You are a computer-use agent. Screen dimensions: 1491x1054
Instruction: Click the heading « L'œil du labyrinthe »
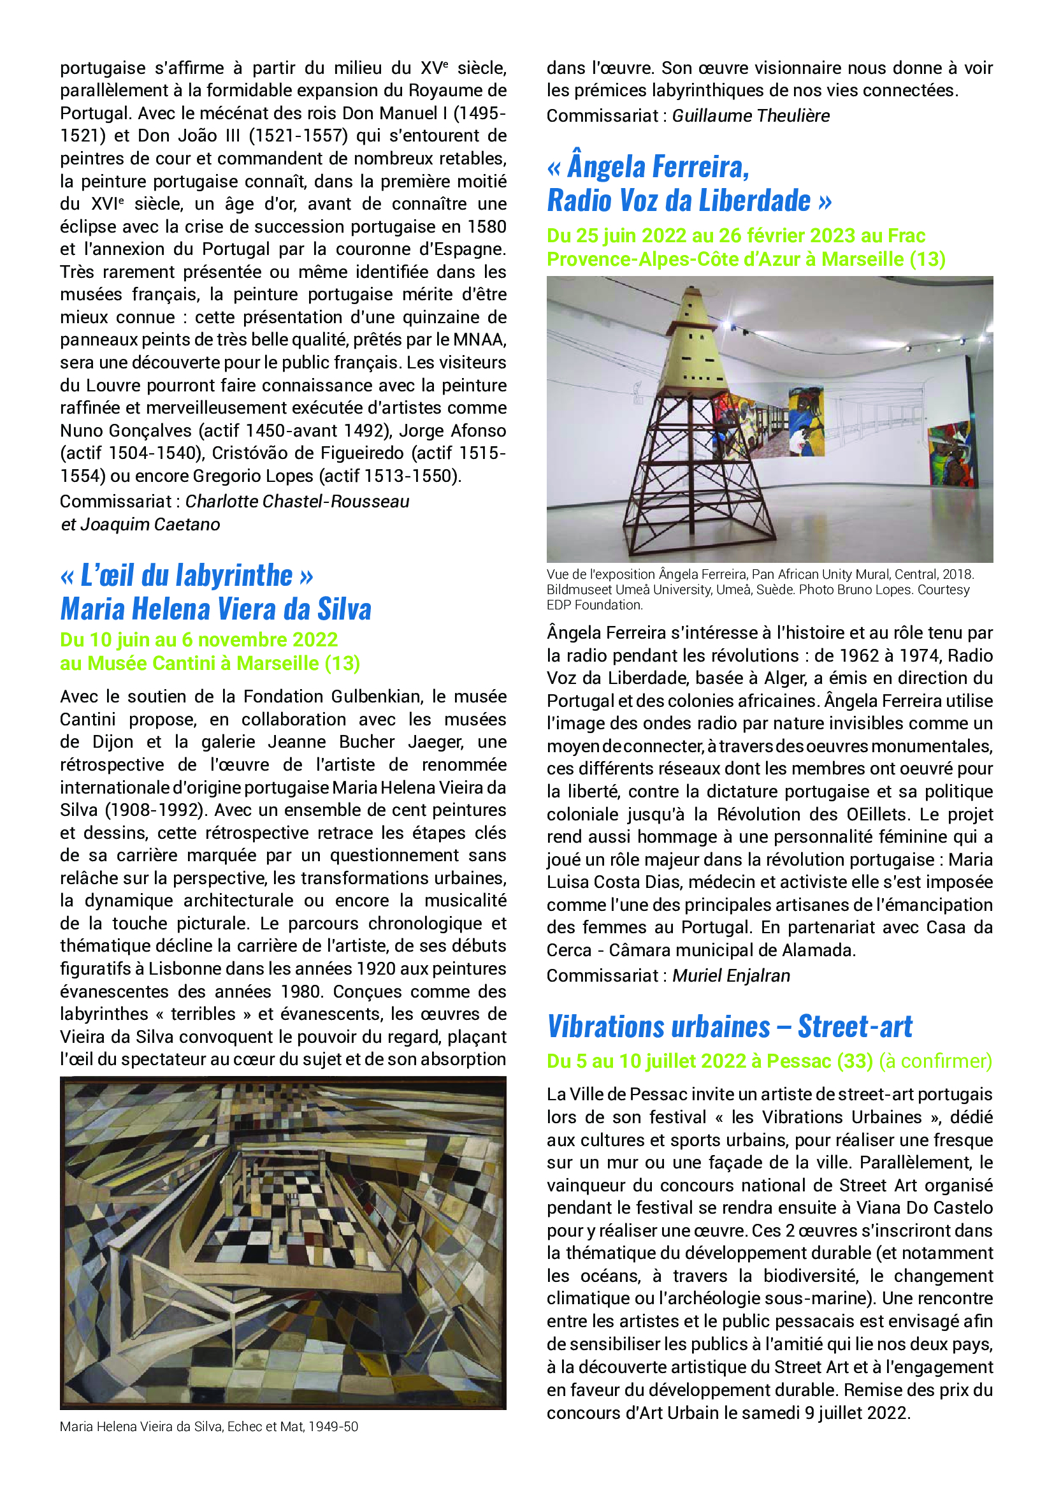[187, 576]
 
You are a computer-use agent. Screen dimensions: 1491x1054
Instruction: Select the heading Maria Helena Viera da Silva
[215, 609]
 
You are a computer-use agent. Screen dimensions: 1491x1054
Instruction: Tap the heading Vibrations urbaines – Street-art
[730, 1027]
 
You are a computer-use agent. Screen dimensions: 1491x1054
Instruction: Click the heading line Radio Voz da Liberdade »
[689, 200]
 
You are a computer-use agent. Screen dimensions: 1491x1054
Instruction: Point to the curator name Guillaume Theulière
[750, 115]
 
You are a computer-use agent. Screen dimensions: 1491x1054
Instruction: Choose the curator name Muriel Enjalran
[731, 975]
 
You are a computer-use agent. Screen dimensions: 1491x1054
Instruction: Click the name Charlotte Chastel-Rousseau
[297, 501]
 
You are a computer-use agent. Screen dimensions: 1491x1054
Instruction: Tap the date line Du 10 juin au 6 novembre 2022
[199, 639]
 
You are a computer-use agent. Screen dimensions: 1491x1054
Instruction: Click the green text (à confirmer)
[935, 1061]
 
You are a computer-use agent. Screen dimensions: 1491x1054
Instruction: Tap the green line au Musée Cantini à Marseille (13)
[210, 663]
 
